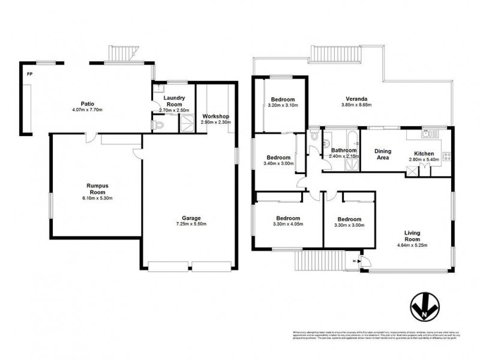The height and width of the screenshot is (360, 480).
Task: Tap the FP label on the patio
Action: (28, 74)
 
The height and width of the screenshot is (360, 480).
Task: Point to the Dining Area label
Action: (383, 154)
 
